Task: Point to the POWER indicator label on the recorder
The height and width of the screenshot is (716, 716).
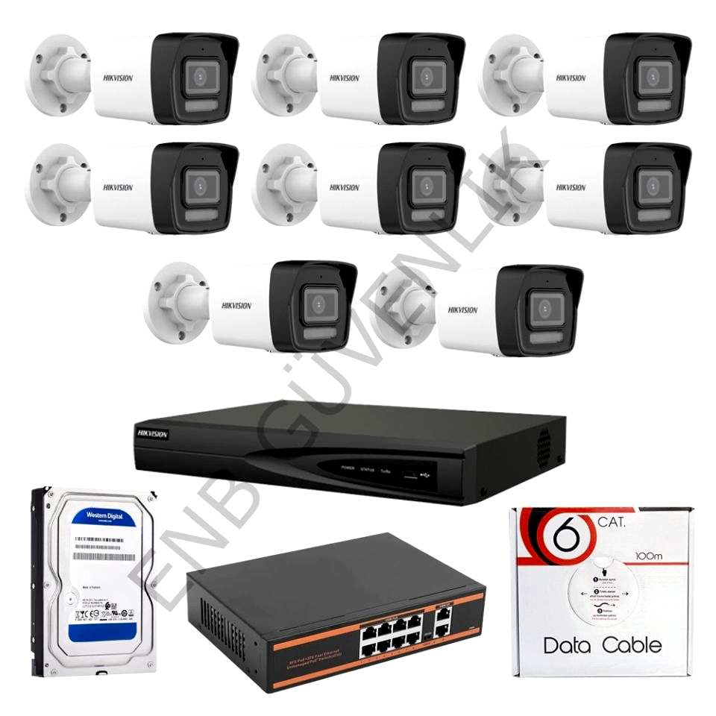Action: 348,468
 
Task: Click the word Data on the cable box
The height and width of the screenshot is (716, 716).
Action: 570,644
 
